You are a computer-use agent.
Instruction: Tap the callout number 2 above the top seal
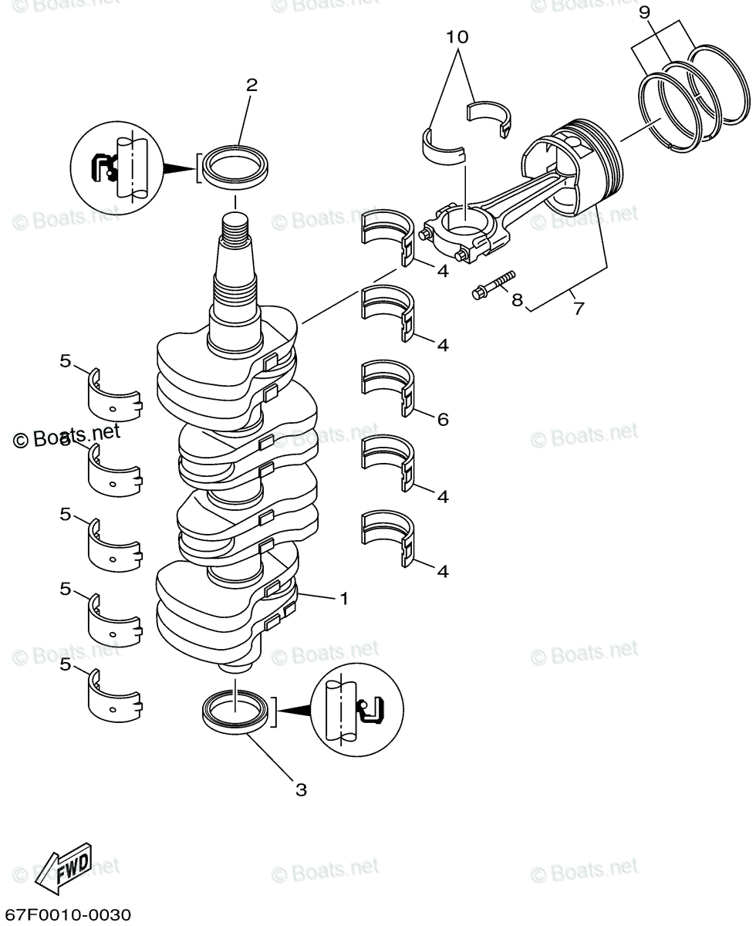(251, 85)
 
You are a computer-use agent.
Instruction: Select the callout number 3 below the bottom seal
(301, 789)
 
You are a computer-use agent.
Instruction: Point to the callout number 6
(443, 420)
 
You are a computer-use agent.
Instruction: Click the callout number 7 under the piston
(578, 309)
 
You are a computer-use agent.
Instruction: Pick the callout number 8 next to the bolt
(516, 299)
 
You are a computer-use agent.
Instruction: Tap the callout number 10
(457, 36)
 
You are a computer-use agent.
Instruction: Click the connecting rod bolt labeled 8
(492, 285)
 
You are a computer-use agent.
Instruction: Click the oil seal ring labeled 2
(235, 166)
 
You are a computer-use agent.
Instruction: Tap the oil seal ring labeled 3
(236, 709)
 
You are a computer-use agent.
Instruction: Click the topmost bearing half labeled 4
(387, 233)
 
